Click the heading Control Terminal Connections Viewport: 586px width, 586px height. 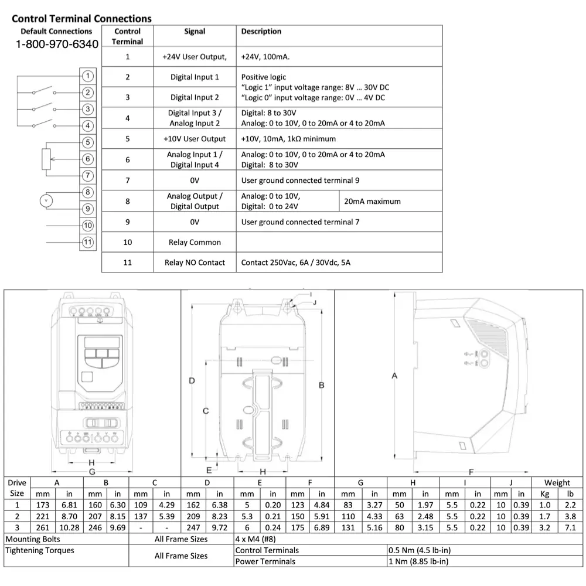[x=81, y=19]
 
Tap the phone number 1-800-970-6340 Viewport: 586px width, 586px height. [x=57, y=45]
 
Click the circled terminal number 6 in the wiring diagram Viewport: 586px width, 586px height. [x=87, y=159]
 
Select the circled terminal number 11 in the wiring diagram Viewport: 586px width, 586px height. [x=87, y=242]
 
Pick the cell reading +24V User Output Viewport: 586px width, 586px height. [x=195, y=57]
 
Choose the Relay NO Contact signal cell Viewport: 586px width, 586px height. [x=195, y=263]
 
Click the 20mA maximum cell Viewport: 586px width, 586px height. [x=372, y=201]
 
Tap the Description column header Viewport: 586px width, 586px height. [x=261, y=32]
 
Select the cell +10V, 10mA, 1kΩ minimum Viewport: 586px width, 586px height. [x=288, y=139]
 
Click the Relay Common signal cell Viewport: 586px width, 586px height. [x=195, y=242]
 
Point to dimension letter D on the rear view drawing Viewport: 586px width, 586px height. [x=192, y=381]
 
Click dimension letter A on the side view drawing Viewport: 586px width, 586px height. [x=394, y=376]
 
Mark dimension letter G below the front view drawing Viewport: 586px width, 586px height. [x=91, y=472]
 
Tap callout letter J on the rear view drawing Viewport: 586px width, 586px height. [x=315, y=302]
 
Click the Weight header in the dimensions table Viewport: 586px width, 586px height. [x=557, y=483]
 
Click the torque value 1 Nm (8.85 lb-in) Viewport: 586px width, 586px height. [x=418, y=561]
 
